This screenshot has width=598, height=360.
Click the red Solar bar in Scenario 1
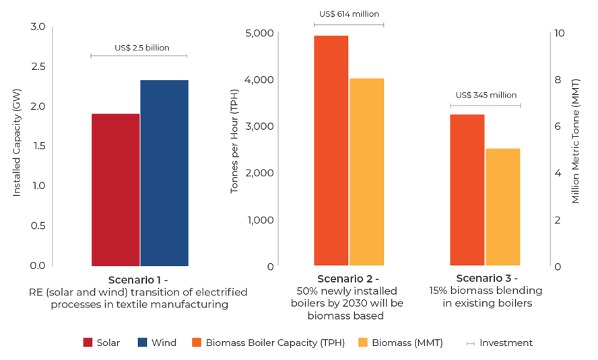(115, 190)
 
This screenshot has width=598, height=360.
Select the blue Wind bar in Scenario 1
(164, 173)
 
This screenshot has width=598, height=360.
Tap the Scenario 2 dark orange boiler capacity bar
(331, 151)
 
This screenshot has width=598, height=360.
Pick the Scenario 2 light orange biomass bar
(366, 172)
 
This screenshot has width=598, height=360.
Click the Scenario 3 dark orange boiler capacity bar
(467, 190)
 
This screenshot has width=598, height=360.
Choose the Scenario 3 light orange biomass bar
(503, 207)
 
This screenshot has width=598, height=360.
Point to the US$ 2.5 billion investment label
(142, 48)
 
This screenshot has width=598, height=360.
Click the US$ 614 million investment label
(349, 13)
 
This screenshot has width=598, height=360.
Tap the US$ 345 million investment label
(486, 95)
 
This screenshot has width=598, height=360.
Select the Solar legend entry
(102, 343)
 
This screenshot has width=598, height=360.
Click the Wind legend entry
(157, 343)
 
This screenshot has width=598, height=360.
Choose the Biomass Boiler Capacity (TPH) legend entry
(268, 343)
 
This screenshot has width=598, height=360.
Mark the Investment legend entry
(499, 343)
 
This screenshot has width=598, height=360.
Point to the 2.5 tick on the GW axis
(38, 66)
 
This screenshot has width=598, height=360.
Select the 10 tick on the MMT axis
(559, 33)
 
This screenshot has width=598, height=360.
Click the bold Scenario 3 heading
(486, 278)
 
